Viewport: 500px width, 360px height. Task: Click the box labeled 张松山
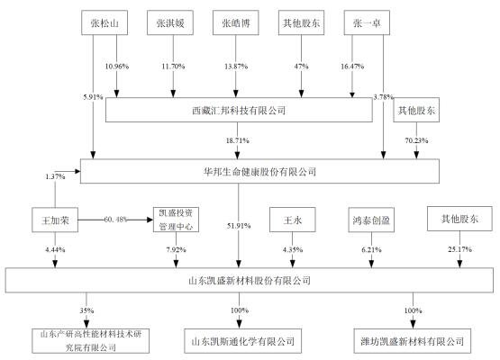107,22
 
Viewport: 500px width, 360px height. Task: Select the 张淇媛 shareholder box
171,22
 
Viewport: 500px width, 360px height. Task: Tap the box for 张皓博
237,22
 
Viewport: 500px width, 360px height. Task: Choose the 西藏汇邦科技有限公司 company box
239,110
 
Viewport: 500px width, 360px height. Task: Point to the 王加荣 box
55,220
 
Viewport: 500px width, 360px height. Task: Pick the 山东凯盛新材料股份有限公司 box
250,280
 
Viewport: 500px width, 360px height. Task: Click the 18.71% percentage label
238,140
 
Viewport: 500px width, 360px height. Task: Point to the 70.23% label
417,140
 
